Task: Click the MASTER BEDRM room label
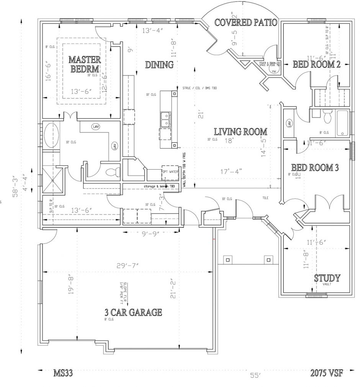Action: click(x=85, y=64)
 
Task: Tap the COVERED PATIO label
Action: click(x=245, y=22)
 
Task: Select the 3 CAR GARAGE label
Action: click(x=133, y=312)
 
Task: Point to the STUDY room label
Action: click(x=327, y=278)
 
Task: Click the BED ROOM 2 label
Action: click(x=317, y=64)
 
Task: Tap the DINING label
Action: click(x=159, y=65)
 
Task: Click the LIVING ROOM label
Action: click(x=241, y=132)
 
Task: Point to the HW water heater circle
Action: click(x=273, y=71)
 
